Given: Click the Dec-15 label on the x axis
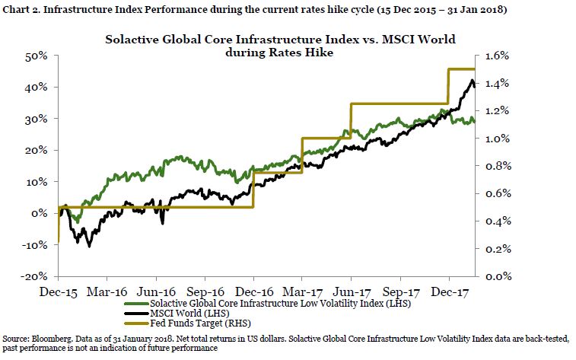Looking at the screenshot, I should pos(57,292).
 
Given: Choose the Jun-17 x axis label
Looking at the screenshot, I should pos(350,292).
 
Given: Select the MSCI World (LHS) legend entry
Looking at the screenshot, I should pos(189,314).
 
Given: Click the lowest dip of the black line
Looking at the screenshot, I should pos(90,247).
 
